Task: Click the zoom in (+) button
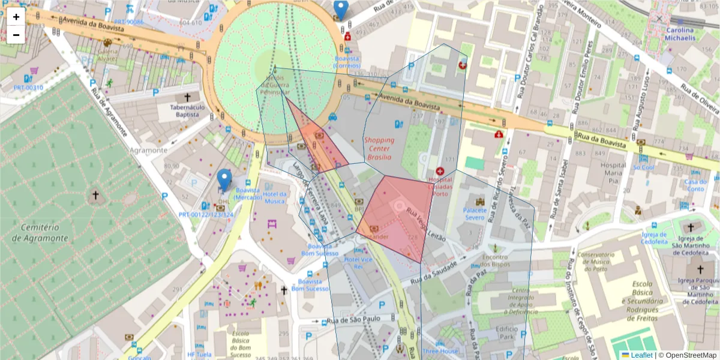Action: pos(16,17)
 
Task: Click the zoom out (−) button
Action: pos(16,35)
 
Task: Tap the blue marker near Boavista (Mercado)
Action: pos(224,179)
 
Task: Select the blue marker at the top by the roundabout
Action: pos(340,10)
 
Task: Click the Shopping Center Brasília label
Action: pos(379,148)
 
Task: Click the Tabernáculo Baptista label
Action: pos(187,111)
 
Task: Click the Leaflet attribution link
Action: pos(641,355)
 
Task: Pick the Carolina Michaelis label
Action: pos(680,34)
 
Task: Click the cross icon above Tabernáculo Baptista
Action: pos(187,97)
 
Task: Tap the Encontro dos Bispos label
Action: pos(495,260)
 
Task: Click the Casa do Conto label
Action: pos(695,185)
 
